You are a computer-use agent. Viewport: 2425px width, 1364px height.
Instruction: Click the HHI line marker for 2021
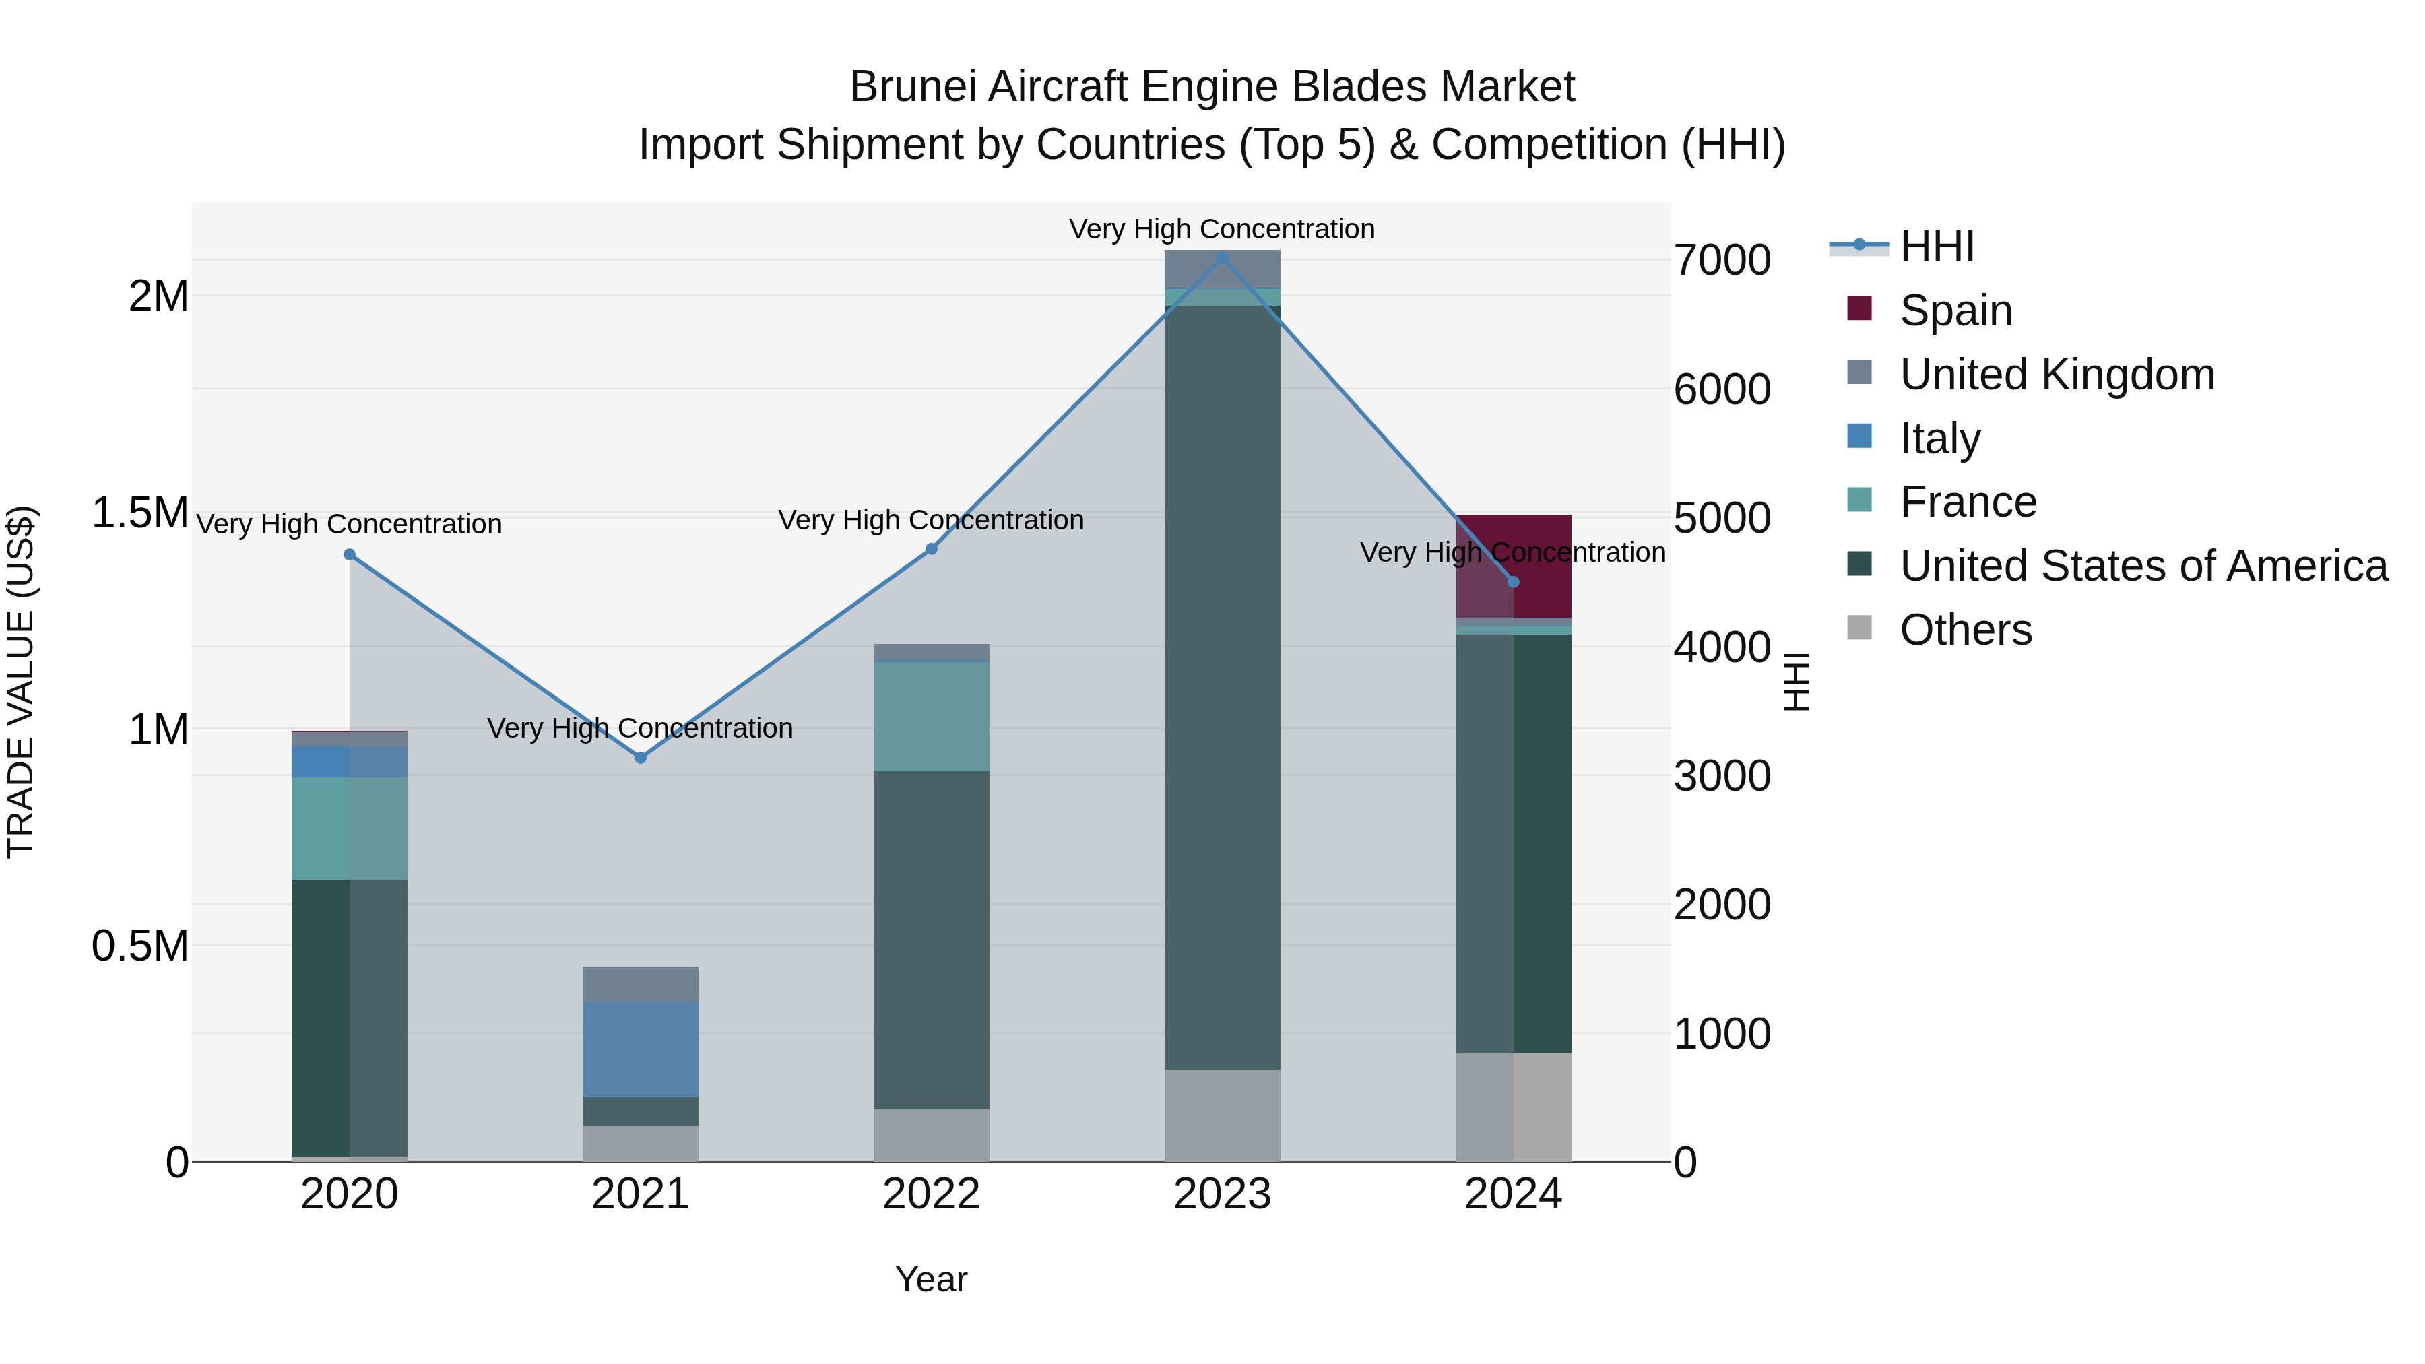click(x=640, y=758)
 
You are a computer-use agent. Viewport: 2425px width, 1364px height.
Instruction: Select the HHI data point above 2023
click(x=1222, y=257)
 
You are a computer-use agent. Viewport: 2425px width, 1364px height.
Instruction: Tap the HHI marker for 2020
click(x=349, y=554)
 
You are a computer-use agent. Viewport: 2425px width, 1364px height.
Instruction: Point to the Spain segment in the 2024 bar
click(x=1514, y=566)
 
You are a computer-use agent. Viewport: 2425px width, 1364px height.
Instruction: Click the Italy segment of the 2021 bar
click(x=640, y=1049)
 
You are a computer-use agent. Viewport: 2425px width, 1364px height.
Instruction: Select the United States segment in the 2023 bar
click(x=1222, y=687)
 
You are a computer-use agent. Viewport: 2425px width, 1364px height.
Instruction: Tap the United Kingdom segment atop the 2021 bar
click(x=640, y=983)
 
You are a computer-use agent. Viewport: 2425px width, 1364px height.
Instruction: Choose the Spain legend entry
click(x=1955, y=311)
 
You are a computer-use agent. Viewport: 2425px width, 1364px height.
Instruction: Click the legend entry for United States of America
click(x=2143, y=566)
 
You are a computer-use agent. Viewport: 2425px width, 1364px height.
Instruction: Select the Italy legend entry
click(x=1939, y=439)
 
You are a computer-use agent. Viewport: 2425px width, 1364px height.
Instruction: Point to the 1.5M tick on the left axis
click(x=139, y=513)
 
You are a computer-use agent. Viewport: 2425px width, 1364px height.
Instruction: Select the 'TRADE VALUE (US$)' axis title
click(x=21, y=682)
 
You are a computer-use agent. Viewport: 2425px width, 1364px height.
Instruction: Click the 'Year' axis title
click(x=931, y=1279)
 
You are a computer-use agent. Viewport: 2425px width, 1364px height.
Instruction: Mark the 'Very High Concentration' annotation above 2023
click(x=1222, y=229)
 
